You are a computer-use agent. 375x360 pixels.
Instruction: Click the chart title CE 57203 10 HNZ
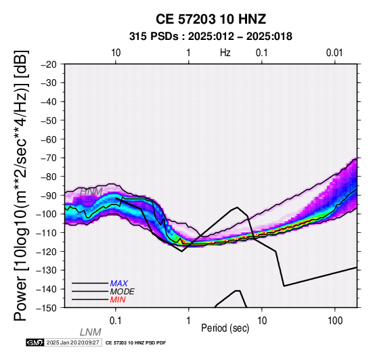pos(211,19)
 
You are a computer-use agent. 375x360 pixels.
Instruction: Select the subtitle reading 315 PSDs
pos(154,37)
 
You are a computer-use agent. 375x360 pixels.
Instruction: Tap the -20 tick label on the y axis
pos(49,64)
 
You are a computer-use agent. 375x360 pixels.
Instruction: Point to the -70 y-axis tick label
pos(49,158)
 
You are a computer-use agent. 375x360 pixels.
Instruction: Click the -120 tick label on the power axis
pos(47,252)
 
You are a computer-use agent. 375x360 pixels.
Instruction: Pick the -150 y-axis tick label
pos(47,308)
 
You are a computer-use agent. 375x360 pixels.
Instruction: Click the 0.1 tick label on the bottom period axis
pos(116,321)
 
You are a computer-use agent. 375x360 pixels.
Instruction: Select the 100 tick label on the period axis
pos(335,321)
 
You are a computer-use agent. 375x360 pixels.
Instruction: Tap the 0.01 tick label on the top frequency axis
pos(334,53)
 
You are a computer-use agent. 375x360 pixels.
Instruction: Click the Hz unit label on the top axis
pos(225,53)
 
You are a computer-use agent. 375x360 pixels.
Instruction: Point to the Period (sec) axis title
pos(225,328)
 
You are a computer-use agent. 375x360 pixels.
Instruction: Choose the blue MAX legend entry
pos(119,284)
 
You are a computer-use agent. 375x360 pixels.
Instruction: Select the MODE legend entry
pos(123,292)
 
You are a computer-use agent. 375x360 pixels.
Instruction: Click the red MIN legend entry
pos(118,300)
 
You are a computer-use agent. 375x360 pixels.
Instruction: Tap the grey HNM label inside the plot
pos(91,192)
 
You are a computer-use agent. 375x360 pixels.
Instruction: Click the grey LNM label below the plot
pos(91,332)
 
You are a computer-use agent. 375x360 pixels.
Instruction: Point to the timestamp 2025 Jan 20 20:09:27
pos(73,342)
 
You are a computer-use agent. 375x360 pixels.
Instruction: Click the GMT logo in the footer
pos(35,342)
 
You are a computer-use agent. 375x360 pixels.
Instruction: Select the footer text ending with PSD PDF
pos(135,343)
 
